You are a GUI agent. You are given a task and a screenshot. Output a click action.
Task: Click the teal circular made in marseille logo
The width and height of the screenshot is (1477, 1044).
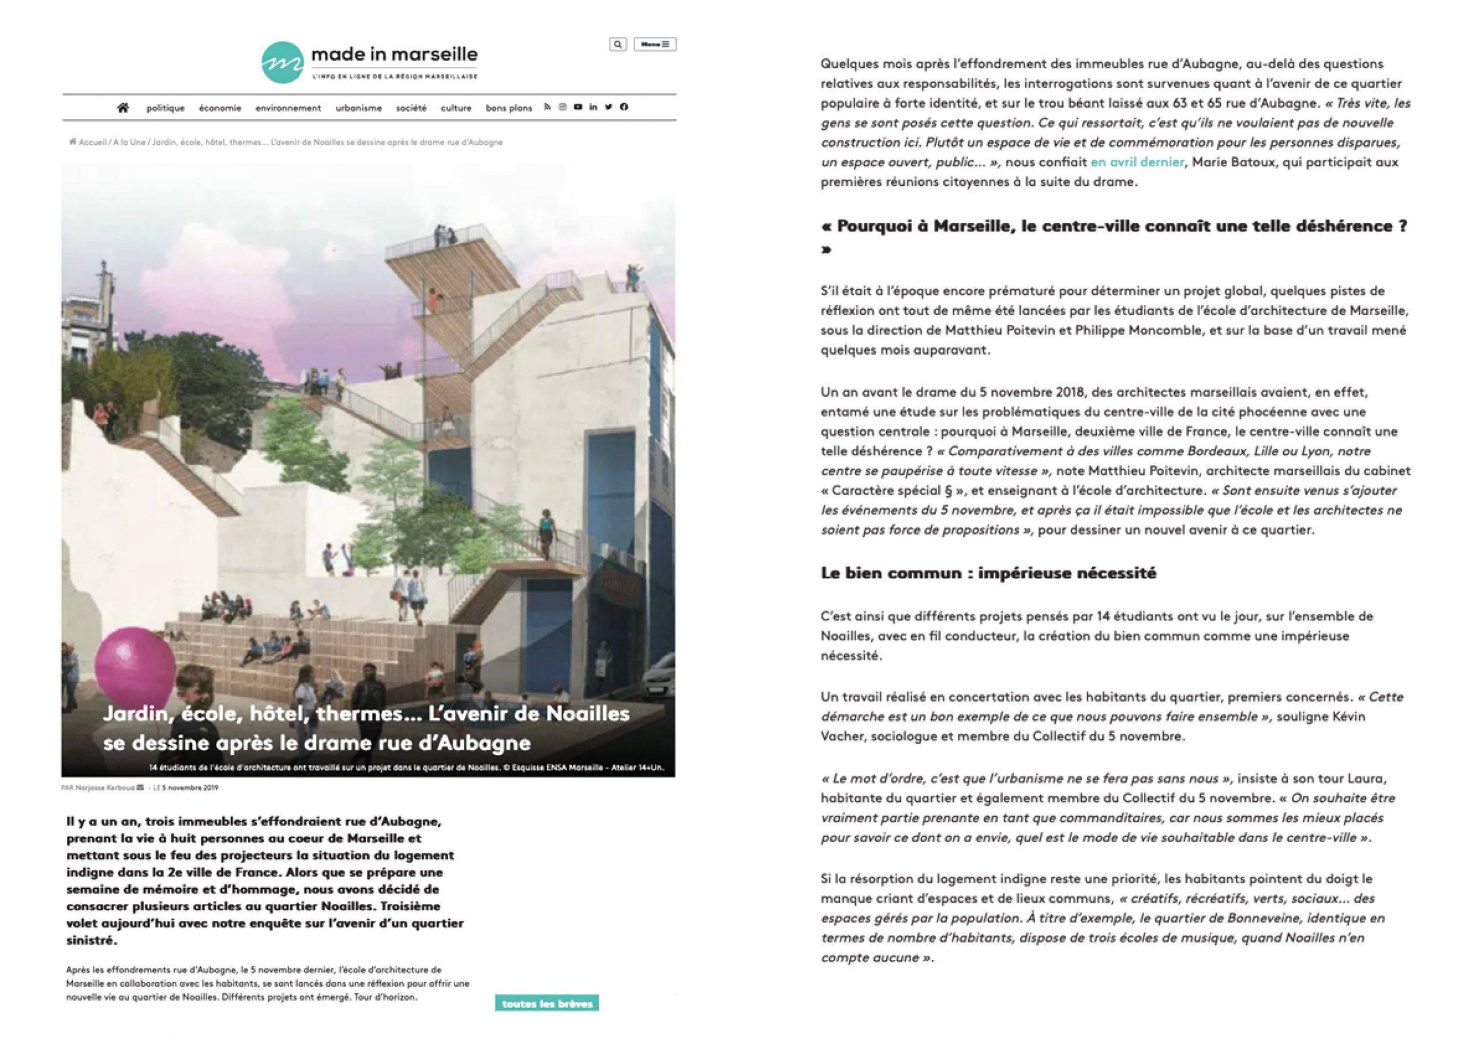282,62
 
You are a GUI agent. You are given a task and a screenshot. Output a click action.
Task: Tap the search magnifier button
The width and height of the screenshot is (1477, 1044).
617,44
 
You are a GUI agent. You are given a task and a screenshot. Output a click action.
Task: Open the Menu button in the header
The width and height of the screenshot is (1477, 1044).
655,44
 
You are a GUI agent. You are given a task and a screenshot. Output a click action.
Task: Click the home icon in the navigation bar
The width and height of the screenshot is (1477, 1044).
123,107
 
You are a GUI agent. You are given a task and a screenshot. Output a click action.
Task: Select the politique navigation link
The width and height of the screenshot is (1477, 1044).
166,108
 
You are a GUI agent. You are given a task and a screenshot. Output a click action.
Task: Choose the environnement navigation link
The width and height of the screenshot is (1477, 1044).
288,108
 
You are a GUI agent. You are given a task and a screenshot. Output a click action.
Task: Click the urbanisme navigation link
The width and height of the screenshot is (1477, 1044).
358,108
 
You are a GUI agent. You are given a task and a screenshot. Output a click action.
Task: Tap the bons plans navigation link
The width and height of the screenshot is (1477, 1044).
509,108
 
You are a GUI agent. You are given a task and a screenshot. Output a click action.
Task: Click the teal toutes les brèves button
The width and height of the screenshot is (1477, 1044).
547,1004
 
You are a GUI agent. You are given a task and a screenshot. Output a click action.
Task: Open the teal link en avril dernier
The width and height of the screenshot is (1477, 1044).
1137,162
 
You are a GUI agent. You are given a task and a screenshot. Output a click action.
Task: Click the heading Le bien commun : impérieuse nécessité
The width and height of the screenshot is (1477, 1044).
988,573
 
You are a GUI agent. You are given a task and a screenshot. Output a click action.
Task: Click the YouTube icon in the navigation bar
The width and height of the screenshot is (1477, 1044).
578,107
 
